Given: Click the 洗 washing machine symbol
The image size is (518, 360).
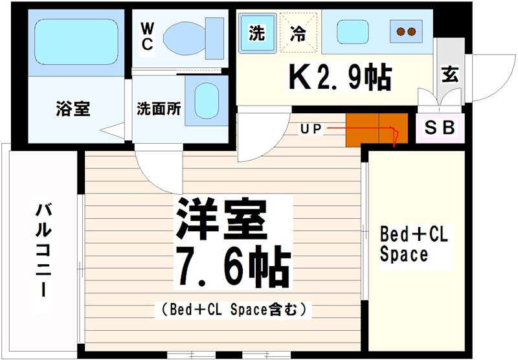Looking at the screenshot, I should tap(257, 33).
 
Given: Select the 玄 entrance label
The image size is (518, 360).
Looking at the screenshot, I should tap(450, 74).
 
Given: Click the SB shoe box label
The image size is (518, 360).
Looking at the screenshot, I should tap(440, 128).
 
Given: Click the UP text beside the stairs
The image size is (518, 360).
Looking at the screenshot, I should tap(310, 128).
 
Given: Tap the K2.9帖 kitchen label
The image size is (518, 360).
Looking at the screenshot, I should tap(339, 78).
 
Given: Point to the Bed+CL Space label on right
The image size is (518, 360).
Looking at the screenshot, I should tap(413, 243).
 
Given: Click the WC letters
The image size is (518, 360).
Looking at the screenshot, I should tap(147, 36).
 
